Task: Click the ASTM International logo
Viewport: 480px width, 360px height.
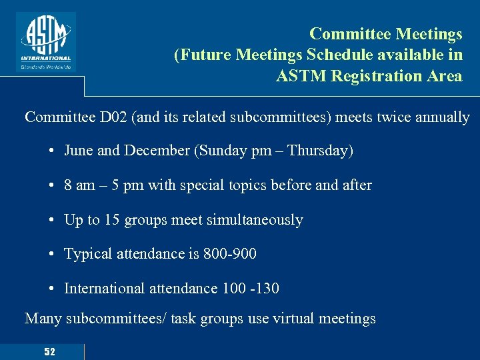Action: [47, 41]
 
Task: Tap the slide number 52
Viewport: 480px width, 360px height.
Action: [49, 351]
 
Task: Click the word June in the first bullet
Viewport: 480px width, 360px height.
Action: [79, 151]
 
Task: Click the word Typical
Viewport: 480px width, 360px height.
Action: [86, 254]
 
